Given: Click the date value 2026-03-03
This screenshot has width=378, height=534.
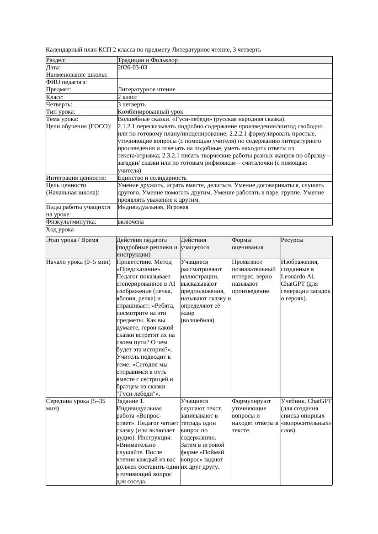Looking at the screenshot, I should (132, 68).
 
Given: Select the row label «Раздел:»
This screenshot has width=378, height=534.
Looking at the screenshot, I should (56, 60).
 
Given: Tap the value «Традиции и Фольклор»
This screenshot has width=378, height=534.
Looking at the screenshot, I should (148, 60).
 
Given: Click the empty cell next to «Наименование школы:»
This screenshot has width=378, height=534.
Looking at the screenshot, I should (224, 75).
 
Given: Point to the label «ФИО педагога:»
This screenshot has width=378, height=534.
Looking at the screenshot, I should (67, 82).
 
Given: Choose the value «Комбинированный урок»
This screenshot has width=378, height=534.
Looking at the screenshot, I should (150, 112).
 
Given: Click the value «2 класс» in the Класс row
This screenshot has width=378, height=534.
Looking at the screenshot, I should (127, 97).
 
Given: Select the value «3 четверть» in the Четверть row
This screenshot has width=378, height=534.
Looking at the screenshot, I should (132, 105).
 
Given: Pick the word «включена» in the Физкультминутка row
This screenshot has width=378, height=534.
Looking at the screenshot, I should (131, 222).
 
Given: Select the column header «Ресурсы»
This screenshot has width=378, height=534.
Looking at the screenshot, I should (292, 240).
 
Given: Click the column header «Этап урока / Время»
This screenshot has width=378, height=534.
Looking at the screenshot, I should (72, 240).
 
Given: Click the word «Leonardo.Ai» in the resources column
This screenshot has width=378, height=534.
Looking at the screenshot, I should (296, 277).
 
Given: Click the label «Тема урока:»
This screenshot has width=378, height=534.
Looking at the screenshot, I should (62, 119).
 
